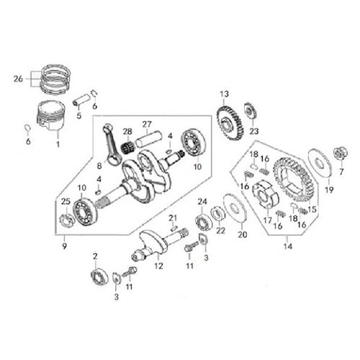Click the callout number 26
(17, 78)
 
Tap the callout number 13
(225, 94)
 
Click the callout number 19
(329, 191)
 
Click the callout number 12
(159, 265)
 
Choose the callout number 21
(173, 217)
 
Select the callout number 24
(203, 201)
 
